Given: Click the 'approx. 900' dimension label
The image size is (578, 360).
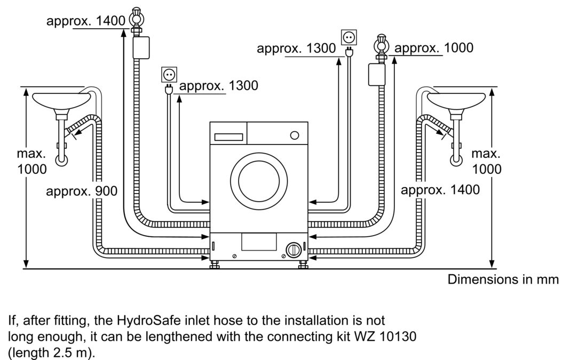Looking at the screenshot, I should pos(82,191).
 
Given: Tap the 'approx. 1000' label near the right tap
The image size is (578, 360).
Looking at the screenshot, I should pos(433,48).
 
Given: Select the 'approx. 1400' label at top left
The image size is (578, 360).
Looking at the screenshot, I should pos(85,21).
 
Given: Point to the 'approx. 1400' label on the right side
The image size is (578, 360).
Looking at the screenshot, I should pos(440,189).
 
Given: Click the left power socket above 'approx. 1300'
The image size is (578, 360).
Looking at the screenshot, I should pos(168,75).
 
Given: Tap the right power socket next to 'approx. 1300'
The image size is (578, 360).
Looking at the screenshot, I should pos(349,37).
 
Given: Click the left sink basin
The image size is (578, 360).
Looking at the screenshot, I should pos(61,100).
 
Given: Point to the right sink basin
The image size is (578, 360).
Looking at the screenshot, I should pos(456,100).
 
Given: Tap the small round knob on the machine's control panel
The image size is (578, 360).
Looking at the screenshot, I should pos(294,135).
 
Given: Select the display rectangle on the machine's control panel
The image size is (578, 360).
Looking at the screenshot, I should pos(229,137).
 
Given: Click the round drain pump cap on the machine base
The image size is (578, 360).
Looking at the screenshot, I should pos(292,249).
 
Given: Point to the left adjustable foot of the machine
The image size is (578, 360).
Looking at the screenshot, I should pos(215,265).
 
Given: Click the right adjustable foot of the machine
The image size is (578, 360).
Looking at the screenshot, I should pos(302,265).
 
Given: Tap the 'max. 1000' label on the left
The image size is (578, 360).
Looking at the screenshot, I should pos(31,162).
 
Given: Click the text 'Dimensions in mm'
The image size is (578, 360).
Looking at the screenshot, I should pos(503,279).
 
